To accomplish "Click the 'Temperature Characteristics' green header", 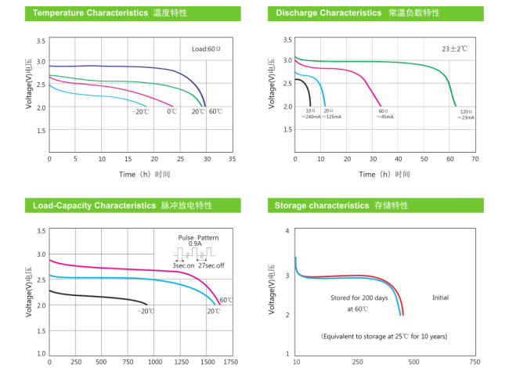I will point(86,13).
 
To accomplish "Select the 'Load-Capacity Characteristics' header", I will point(94,205).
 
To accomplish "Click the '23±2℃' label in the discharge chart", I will point(454,49).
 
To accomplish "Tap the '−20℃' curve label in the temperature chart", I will point(140,112).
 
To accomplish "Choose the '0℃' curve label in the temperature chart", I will point(171,112).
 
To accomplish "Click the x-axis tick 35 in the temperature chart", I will point(232,158).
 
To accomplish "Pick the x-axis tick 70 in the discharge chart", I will point(475,158).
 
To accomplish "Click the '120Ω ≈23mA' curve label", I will point(466,115).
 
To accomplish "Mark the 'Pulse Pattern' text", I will point(198,237).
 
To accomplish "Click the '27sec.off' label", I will point(209,266).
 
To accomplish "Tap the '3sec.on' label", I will point(184,266).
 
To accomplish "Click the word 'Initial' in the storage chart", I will point(441,298).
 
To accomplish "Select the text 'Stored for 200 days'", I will point(358,298).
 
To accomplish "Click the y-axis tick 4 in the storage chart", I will point(287,231).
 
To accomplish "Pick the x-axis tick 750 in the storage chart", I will point(475,362).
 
